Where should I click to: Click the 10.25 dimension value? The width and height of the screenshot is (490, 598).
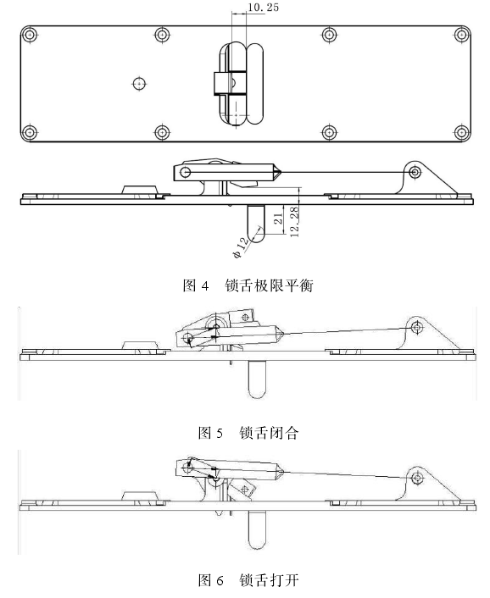(x=263, y=8)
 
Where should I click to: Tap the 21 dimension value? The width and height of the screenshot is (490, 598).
(x=278, y=219)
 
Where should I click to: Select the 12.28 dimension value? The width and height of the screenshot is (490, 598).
(x=294, y=222)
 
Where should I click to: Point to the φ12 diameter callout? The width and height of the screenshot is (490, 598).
(x=240, y=248)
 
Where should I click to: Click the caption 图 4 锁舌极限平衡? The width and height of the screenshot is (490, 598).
(x=248, y=285)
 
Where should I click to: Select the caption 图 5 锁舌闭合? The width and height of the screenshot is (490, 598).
(x=248, y=433)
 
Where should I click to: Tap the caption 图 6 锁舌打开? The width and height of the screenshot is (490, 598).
(x=248, y=580)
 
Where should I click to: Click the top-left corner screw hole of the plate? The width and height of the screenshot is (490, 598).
(x=30, y=35)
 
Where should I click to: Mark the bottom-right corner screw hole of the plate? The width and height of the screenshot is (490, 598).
(x=462, y=133)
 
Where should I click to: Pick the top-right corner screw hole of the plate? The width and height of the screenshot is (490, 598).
(x=462, y=35)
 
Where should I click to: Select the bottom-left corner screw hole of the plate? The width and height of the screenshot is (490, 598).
(x=30, y=133)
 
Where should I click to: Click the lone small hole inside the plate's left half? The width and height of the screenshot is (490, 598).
(x=139, y=83)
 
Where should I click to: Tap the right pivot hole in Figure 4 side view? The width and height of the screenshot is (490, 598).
(x=415, y=173)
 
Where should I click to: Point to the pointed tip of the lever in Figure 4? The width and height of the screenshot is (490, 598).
(x=281, y=173)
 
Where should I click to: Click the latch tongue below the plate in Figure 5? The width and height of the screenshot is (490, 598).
(x=257, y=379)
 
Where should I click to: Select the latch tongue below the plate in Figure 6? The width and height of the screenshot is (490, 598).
(x=257, y=530)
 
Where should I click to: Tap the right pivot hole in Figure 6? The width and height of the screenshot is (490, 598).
(x=418, y=478)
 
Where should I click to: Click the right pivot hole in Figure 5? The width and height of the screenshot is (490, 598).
(x=417, y=327)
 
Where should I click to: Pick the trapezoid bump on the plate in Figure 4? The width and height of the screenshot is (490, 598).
(x=140, y=190)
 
